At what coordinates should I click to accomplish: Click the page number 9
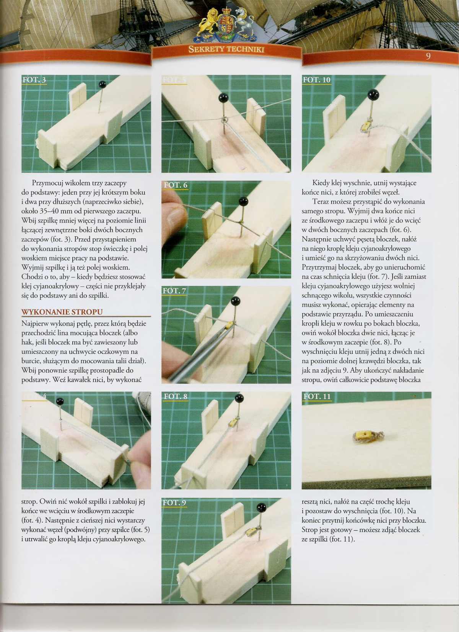click(428, 56)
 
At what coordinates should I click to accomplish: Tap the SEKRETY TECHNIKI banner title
click(226, 50)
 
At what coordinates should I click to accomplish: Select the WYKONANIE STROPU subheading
click(62, 312)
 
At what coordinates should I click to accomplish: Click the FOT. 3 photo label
click(34, 80)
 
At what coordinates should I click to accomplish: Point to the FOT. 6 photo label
click(176, 185)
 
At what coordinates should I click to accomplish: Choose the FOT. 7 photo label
click(175, 291)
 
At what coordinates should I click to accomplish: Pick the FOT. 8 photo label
click(176, 396)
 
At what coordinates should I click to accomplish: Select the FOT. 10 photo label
click(317, 80)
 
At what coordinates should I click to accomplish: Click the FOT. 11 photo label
click(317, 396)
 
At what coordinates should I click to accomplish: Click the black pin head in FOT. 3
click(102, 84)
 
